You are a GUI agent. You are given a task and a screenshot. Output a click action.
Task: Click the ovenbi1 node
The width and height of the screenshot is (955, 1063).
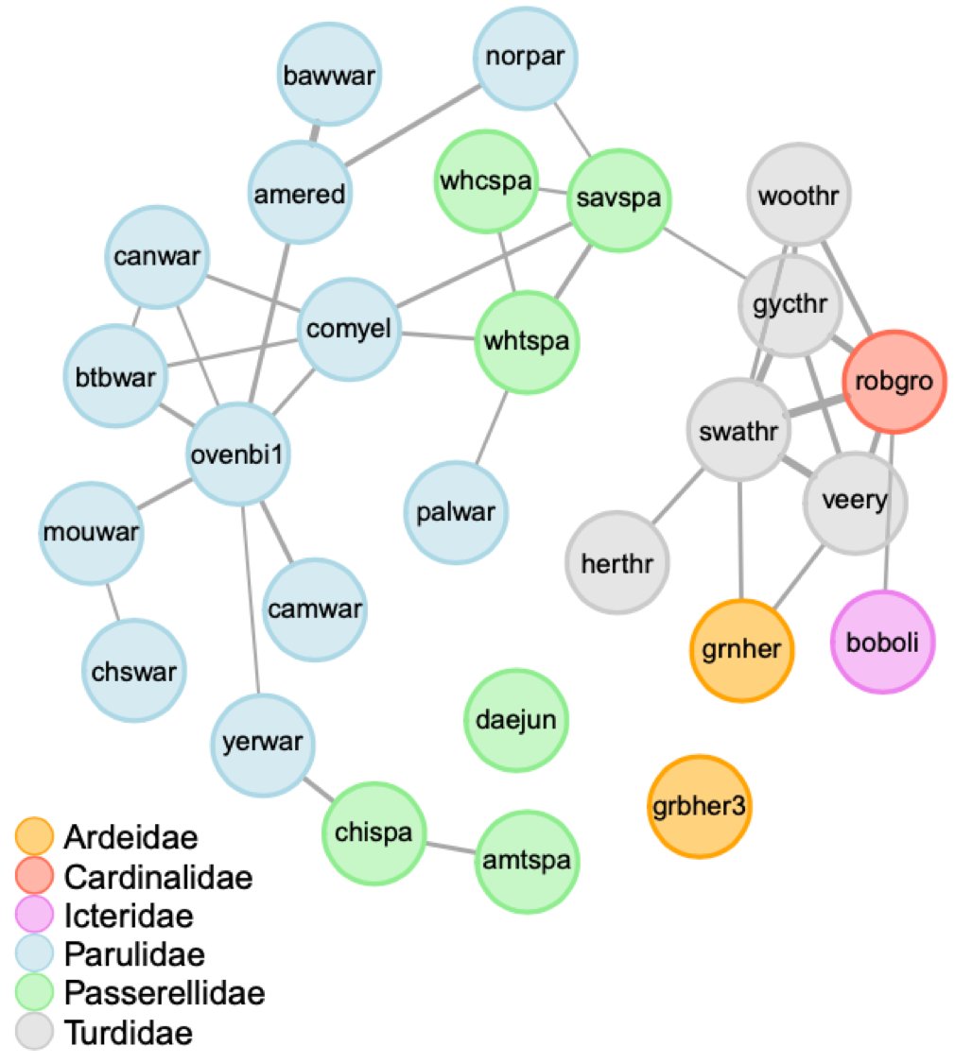[x=238, y=456]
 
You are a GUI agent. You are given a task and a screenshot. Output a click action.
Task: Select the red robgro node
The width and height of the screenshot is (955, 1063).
[x=894, y=382]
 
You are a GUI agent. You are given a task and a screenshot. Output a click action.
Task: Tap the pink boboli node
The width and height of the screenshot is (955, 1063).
[x=881, y=643]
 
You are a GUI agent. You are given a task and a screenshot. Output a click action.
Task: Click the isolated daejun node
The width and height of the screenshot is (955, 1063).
[x=516, y=721]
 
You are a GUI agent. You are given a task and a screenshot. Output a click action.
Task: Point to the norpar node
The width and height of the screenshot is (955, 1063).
[x=525, y=58]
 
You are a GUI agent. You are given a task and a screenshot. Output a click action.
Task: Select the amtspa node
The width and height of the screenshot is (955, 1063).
[x=525, y=861]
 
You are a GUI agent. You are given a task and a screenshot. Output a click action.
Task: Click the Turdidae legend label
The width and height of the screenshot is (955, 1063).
[x=129, y=1033]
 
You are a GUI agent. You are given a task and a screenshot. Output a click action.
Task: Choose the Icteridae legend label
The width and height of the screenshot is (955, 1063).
[x=129, y=916]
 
